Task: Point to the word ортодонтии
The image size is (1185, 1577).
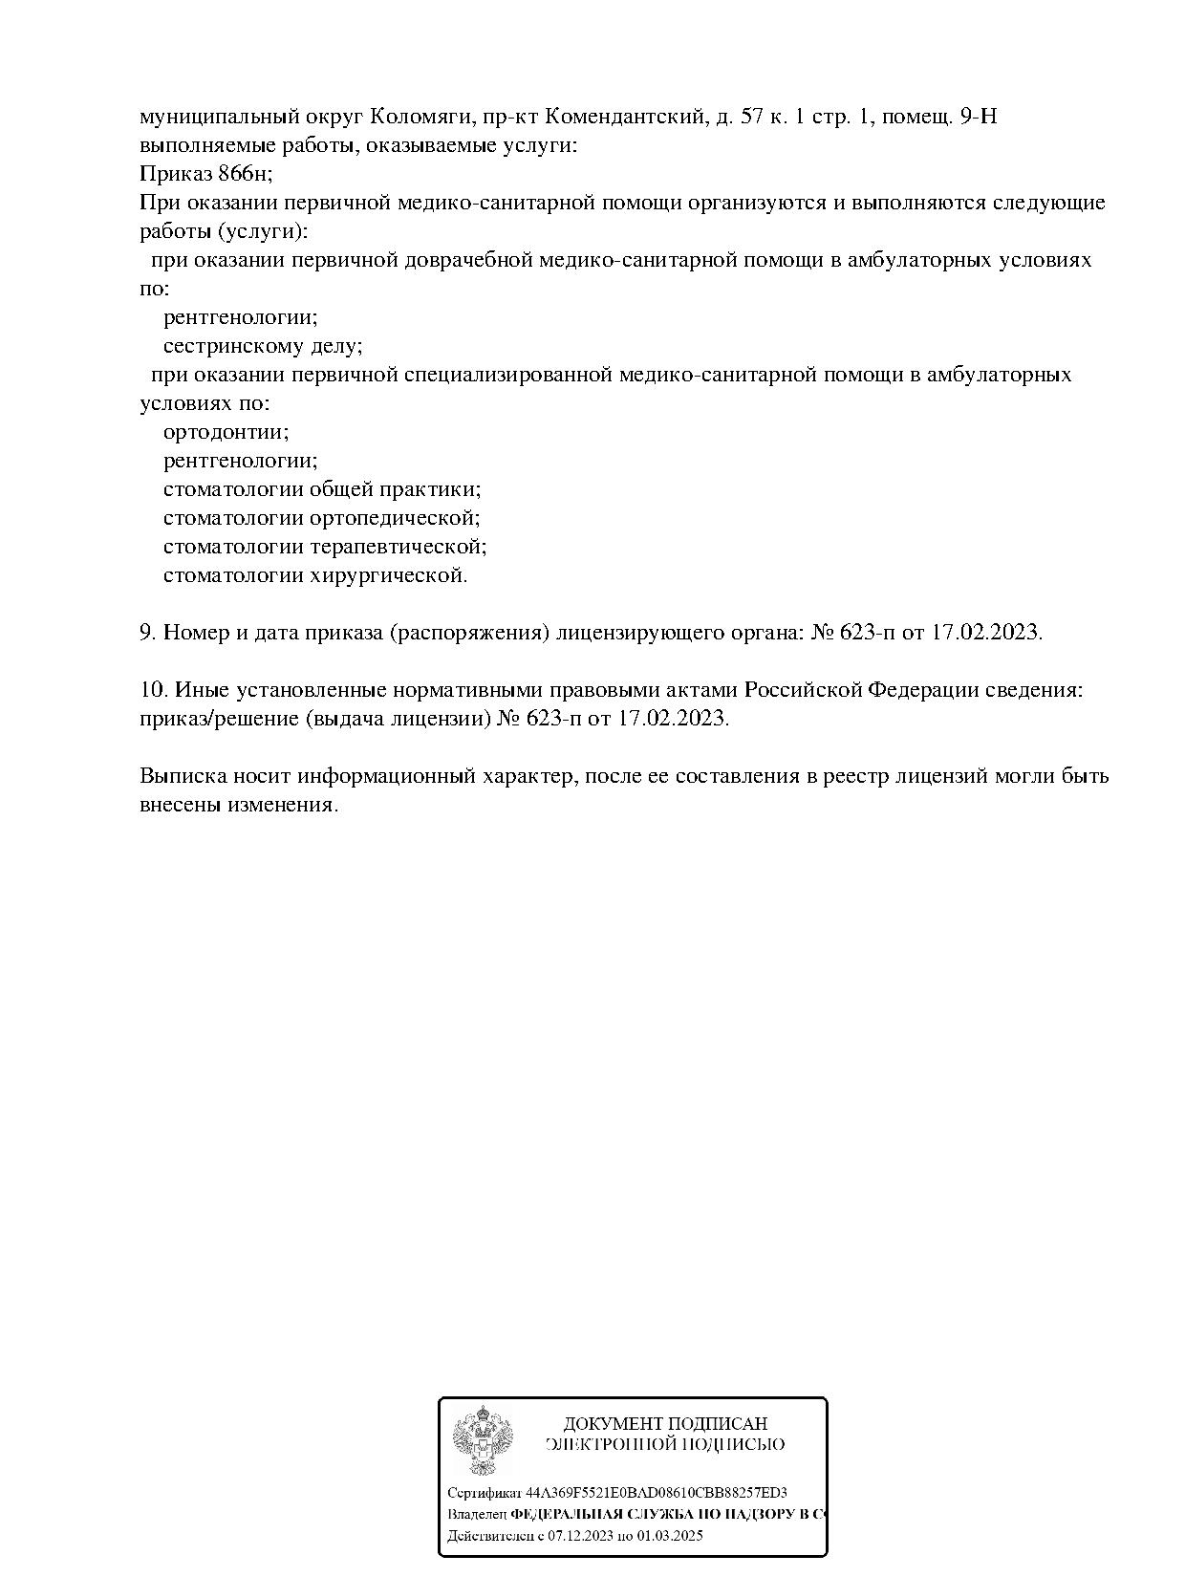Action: [x=226, y=432]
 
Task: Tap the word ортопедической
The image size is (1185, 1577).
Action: [x=395, y=518]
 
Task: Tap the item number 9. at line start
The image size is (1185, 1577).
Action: [x=147, y=633]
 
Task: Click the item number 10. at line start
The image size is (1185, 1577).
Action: [x=153, y=689]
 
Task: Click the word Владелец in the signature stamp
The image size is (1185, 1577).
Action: [x=477, y=1515]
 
